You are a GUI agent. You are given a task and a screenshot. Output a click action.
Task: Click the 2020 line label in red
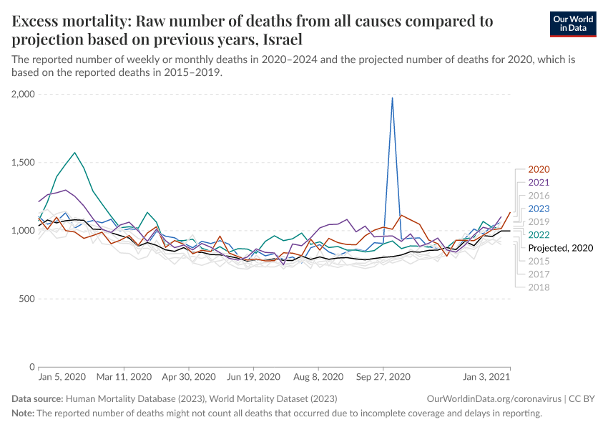539,170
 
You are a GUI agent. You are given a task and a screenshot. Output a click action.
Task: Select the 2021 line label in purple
539,183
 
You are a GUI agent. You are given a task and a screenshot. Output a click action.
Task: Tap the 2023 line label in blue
539,209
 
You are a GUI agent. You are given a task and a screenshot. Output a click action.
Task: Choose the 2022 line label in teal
539,234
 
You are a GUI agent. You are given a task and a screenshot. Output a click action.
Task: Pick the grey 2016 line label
539,196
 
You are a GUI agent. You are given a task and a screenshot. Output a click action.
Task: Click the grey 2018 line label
539,287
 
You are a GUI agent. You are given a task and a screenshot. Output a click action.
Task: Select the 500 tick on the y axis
27,299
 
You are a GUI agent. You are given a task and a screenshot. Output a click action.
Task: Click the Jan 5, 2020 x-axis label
62,377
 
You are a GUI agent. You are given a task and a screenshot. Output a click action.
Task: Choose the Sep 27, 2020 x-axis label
383,377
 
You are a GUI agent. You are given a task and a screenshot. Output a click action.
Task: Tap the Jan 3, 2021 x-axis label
486,377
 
